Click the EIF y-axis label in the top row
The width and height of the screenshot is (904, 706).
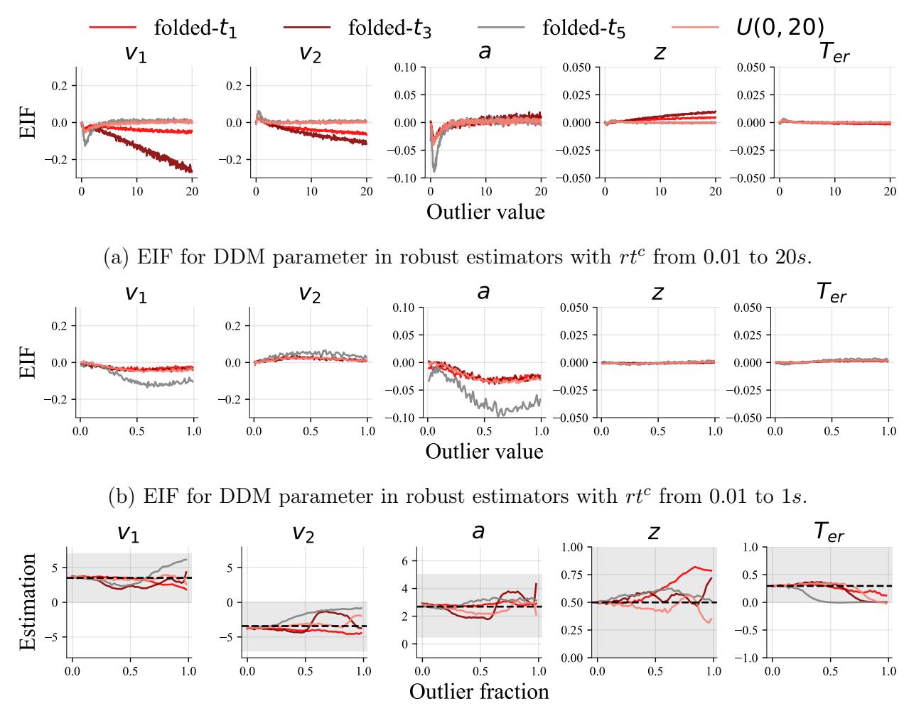coord(28,122)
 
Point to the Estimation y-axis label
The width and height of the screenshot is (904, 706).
coord(28,602)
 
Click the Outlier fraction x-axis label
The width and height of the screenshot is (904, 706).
coord(479,691)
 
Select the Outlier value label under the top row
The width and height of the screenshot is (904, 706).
coord(485,211)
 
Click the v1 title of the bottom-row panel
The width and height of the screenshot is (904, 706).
coord(127,533)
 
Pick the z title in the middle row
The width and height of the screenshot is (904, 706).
coord(657,292)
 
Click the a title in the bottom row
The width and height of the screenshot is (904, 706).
coord(478,531)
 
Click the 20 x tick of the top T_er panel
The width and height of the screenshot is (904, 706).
coord(890,192)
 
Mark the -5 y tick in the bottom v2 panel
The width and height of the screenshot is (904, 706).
coord(230,637)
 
